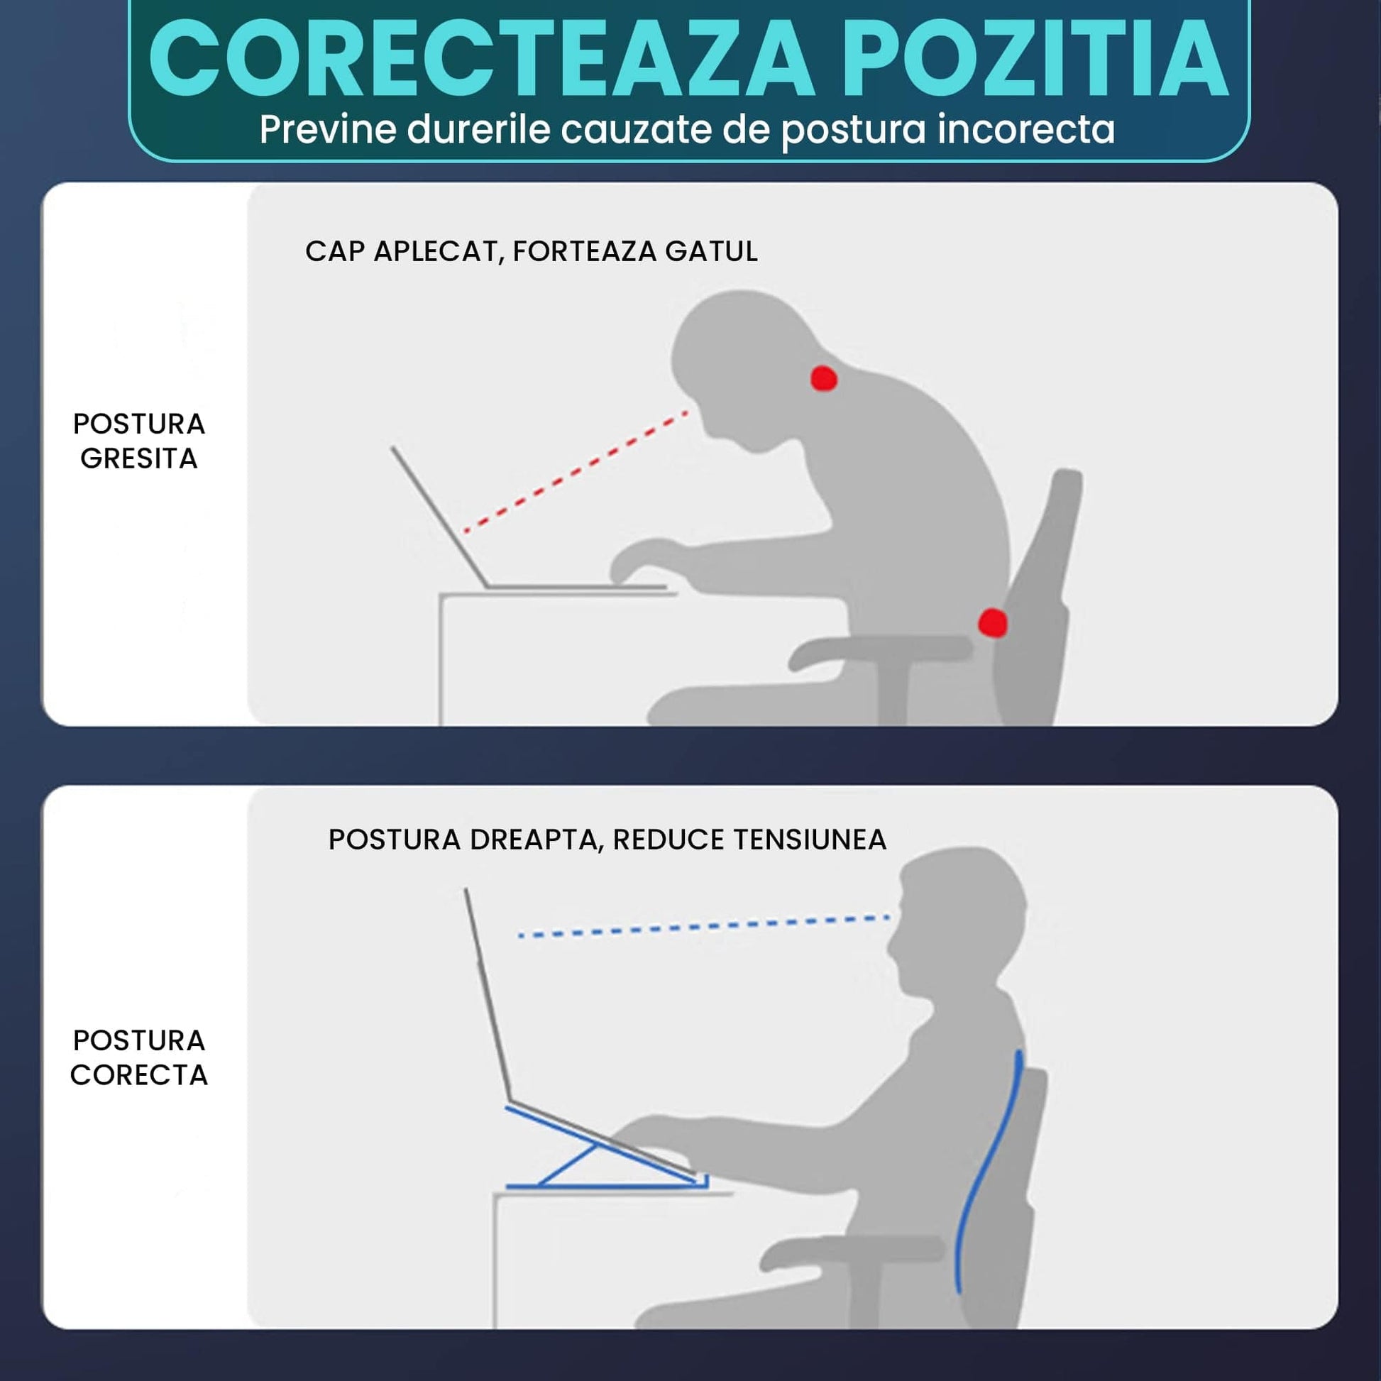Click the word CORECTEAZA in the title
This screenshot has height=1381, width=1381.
click(x=481, y=59)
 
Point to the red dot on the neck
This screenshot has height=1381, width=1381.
click(x=823, y=378)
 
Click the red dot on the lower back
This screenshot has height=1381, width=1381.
click(x=993, y=622)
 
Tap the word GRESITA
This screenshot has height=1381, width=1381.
click(x=138, y=458)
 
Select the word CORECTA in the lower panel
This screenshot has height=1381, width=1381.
click(x=138, y=1074)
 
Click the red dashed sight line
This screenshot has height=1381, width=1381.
click(x=576, y=471)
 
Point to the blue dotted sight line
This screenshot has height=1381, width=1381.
click(x=704, y=925)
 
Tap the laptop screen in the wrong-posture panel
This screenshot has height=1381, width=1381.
click(x=439, y=517)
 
